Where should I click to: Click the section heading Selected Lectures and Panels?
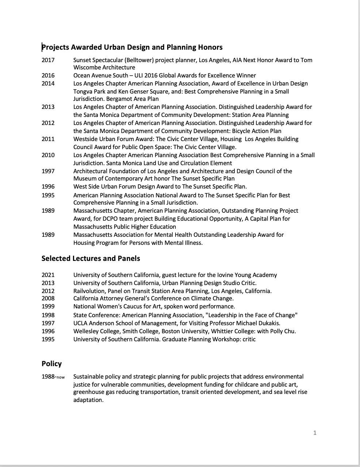[91, 258]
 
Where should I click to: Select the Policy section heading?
[51, 364]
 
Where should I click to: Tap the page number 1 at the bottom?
[315, 433]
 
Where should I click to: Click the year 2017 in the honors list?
[48, 60]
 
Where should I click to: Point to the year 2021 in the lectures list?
[48, 275]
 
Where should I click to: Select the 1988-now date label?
[53, 377]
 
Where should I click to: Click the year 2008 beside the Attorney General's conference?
[48, 298]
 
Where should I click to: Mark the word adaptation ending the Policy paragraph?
[88, 400]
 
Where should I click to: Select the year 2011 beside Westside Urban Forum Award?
[48, 139]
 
